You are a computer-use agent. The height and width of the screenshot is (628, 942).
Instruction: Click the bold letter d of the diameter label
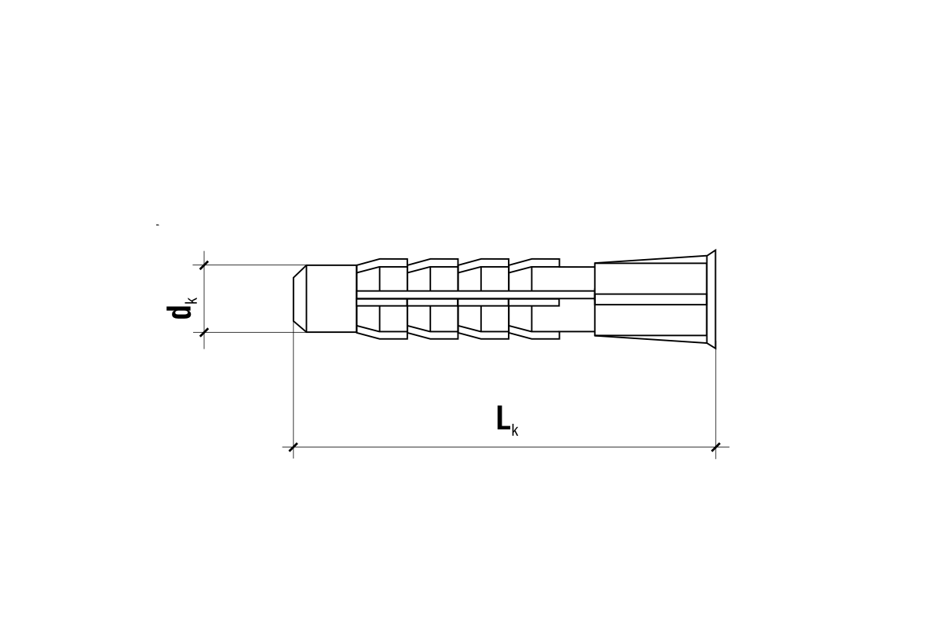[x=178, y=312]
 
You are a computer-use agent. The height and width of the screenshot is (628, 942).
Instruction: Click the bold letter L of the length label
[x=503, y=418]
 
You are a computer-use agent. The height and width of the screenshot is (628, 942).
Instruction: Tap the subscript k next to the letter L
[x=515, y=431]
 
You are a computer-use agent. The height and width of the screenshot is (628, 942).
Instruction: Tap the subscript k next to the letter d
[x=193, y=300]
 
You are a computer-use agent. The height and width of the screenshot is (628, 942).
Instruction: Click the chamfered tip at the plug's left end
[x=300, y=298]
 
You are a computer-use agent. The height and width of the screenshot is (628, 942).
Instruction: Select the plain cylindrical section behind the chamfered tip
[x=331, y=298]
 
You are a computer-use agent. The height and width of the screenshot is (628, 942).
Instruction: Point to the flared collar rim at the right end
[x=710, y=298]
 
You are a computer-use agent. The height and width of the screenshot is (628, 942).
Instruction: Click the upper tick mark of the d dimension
[x=204, y=265]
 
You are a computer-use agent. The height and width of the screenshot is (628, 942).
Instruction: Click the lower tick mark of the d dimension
[x=204, y=332]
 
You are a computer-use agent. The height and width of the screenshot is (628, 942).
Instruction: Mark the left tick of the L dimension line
[x=293, y=447]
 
